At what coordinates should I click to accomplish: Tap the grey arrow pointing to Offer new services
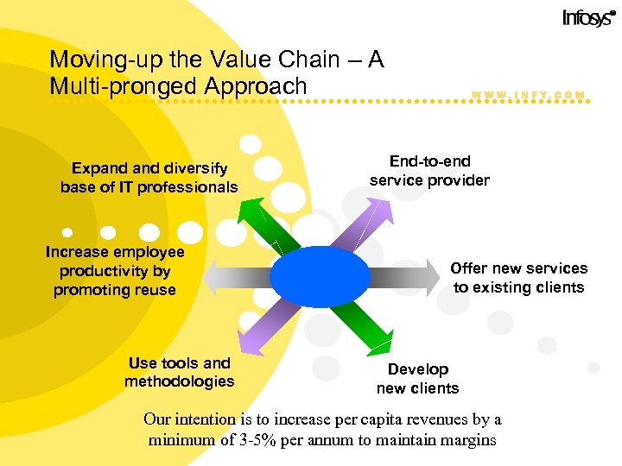coord(406,277)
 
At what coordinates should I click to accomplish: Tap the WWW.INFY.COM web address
coord(529,95)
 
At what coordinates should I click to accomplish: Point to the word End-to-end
coord(429,161)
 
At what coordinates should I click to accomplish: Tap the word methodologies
coord(179,381)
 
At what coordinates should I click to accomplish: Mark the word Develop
coord(417,369)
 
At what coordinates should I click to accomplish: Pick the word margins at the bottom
coord(467,439)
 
